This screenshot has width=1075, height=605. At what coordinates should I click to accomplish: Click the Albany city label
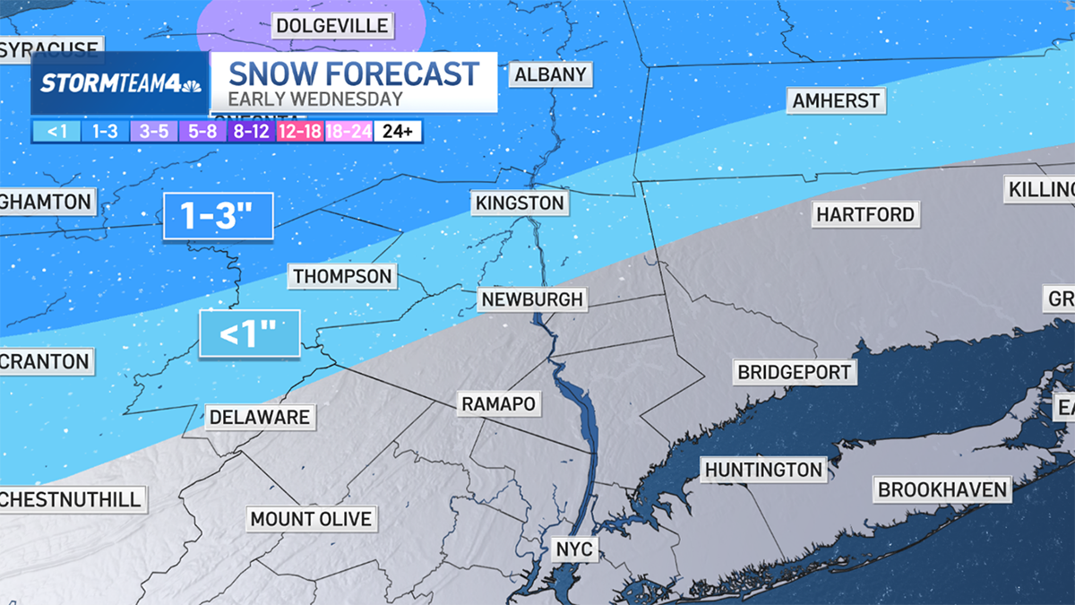550,74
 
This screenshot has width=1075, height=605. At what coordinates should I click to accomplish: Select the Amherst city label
837,100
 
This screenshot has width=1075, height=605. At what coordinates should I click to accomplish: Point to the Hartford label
864,214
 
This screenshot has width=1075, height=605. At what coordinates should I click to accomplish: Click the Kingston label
520,203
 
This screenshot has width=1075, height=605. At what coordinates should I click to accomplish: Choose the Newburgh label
531,298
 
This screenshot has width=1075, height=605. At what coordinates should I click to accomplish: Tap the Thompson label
342,276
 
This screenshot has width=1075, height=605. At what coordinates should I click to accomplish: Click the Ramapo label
498,404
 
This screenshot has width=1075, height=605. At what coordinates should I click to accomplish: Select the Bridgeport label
793,371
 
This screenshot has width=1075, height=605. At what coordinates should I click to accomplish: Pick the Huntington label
763,470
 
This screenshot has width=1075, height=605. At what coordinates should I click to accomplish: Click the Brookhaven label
943,490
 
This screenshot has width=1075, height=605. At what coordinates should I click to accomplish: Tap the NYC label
573,548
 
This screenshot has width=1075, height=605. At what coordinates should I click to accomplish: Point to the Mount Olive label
310,518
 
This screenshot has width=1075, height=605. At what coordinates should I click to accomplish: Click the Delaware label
259,417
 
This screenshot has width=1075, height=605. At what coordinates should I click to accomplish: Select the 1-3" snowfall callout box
218,216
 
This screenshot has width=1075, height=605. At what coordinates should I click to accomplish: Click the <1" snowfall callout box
248,334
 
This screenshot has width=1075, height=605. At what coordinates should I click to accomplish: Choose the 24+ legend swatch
397,131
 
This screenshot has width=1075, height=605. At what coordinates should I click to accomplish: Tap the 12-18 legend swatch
300,131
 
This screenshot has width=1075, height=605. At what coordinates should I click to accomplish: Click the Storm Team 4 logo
120,83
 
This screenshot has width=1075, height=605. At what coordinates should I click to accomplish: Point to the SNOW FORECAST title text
354,73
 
